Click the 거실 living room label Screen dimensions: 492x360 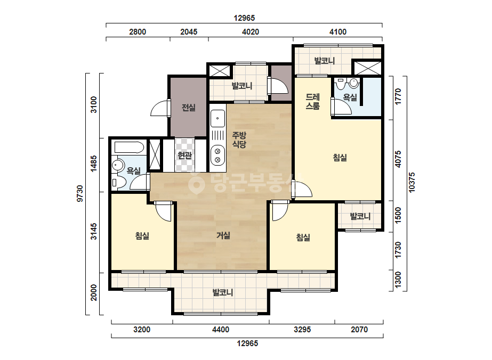(223, 235)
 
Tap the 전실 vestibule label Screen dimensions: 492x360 (189, 108)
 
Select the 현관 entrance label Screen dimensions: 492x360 (184, 155)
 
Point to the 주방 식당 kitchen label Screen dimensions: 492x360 (239, 140)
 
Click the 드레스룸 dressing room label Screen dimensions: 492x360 (312, 102)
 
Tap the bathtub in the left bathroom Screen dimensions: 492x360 (129, 147)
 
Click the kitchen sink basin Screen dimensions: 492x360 (217, 118)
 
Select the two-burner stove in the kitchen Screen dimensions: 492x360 (217, 155)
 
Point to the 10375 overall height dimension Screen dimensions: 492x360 (412, 182)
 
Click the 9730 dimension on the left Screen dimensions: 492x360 (80, 193)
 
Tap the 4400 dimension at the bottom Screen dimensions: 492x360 (221, 330)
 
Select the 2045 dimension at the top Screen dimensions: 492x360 (189, 31)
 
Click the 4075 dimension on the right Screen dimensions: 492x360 (398, 159)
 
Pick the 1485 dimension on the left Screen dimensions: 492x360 (93, 163)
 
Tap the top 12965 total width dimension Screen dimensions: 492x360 (244, 18)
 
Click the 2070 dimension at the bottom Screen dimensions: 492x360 (359, 330)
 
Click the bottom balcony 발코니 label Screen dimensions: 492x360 (223, 292)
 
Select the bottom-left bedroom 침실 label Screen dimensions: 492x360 (142, 236)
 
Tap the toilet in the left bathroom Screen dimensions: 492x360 (119, 182)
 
